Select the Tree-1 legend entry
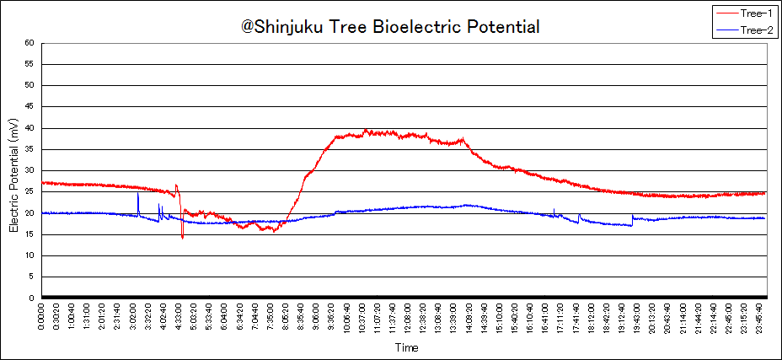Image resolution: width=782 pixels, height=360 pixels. click(x=756, y=13)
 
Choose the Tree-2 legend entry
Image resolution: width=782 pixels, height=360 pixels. click(x=756, y=30)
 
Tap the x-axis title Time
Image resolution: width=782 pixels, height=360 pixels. click(x=407, y=347)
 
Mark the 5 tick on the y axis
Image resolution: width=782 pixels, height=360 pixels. click(x=32, y=277)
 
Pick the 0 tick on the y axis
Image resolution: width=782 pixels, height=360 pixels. click(x=32, y=298)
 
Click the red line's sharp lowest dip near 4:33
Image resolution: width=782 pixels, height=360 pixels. click(x=182, y=238)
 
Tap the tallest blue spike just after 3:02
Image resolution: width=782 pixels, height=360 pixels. click(x=138, y=194)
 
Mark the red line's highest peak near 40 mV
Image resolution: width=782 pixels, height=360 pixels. click(x=365, y=130)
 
